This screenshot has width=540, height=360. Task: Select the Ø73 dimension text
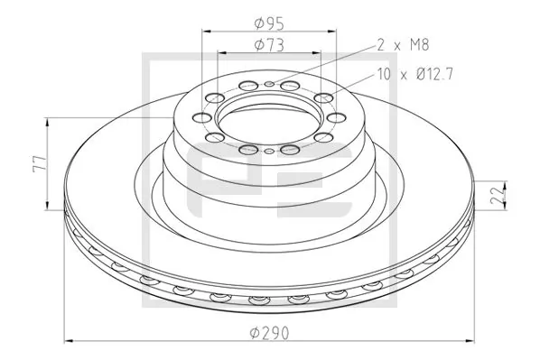268,43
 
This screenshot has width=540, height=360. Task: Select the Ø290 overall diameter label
270,332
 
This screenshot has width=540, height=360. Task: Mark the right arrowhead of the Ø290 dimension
470,340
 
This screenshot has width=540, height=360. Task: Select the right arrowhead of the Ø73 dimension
318,54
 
